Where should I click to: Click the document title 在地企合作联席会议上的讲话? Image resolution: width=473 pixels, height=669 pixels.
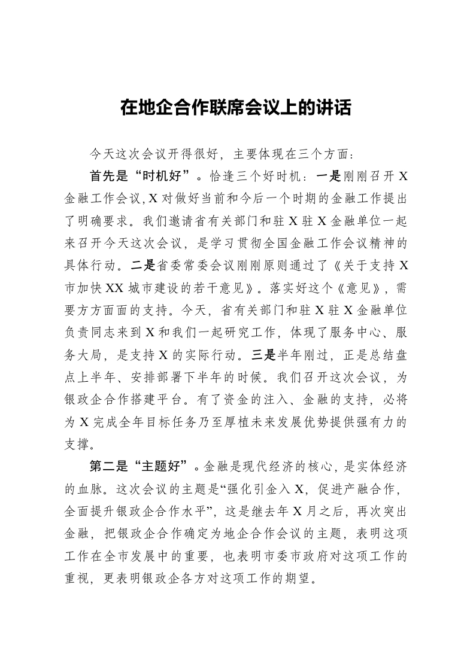[x=236, y=108]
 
